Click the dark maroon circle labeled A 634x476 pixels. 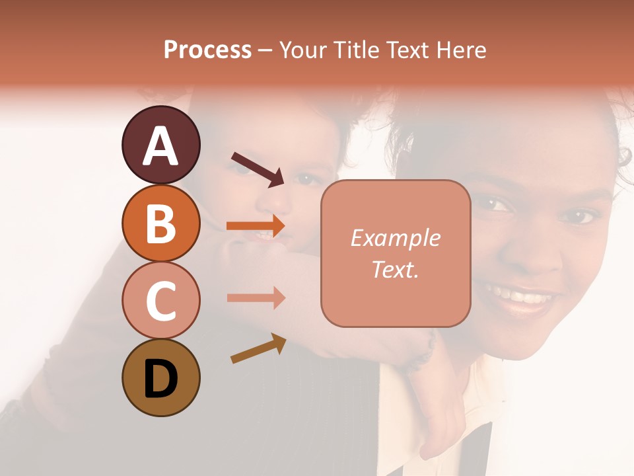(160, 145)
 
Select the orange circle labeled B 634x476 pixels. (160, 223)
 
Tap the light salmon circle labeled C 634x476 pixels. (160, 300)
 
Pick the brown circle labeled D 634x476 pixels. (160, 377)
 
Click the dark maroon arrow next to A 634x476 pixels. (258, 168)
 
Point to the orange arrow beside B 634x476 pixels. (256, 226)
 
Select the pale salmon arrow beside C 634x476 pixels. (256, 298)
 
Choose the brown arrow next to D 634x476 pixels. (258, 349)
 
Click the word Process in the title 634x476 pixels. (207, 50)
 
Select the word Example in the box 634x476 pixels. (395, 238)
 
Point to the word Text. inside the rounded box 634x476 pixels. (395, 269)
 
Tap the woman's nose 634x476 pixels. (536, 255)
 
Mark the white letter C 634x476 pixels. (160, 301)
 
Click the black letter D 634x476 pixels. (160, 378)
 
